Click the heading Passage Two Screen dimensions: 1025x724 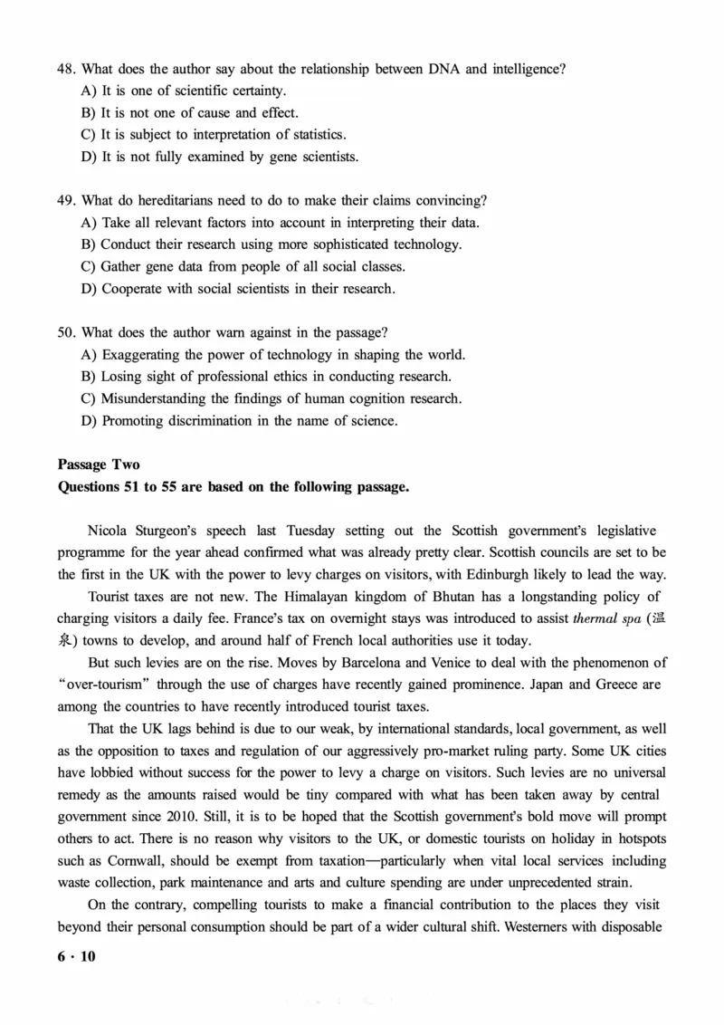tap(99, 465)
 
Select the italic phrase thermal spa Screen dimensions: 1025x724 tap(604, 619)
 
